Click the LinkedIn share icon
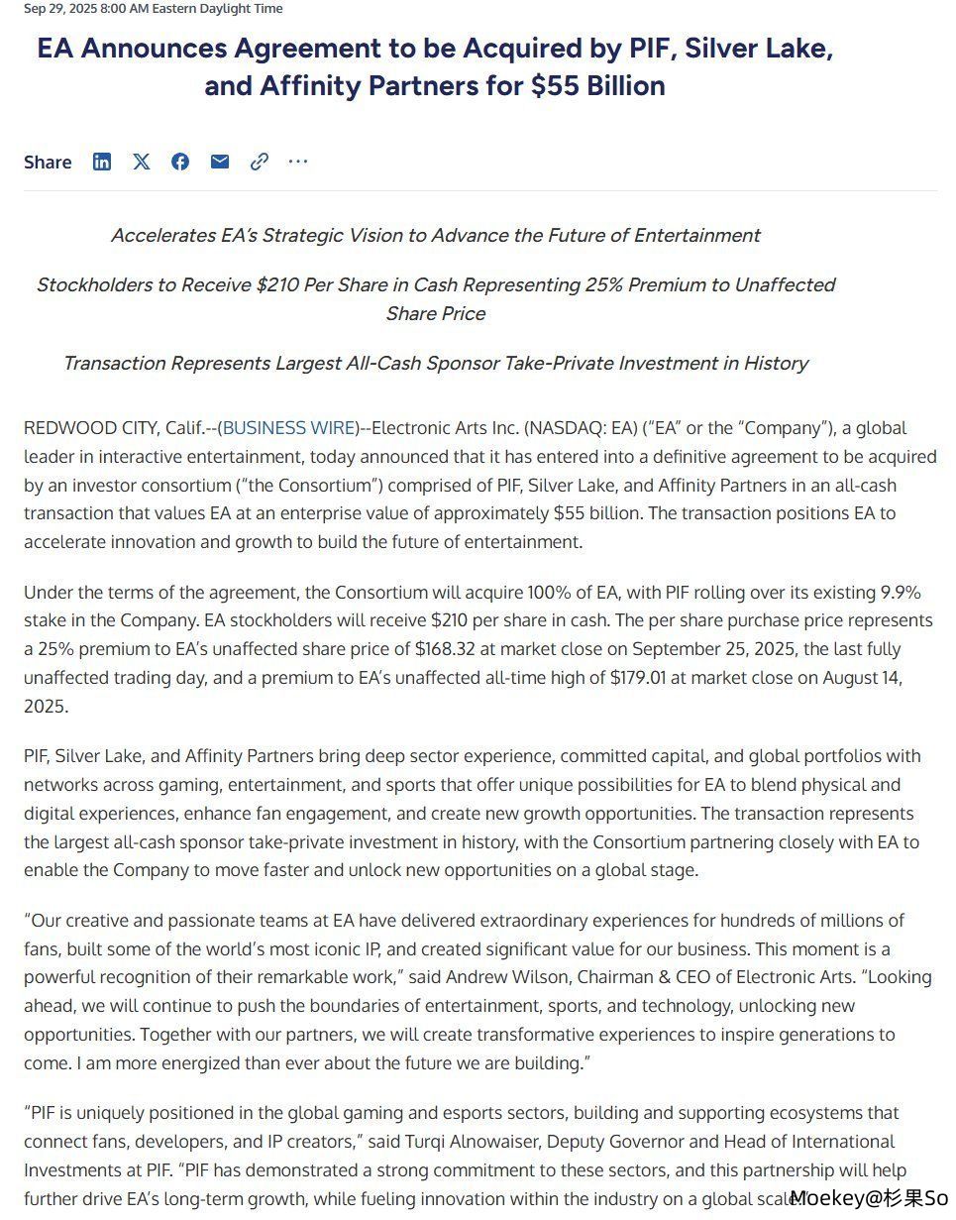click(102, 162)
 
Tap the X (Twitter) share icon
click(142, 162)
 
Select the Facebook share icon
click(180, 162)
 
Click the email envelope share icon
click(220, 162)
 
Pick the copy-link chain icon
click(260, 162)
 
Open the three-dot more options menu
click(298, 162)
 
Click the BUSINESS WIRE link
click(287, 428)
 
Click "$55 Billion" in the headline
click(597, 86)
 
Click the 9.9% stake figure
click(901, 593)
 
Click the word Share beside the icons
click(48, 163)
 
